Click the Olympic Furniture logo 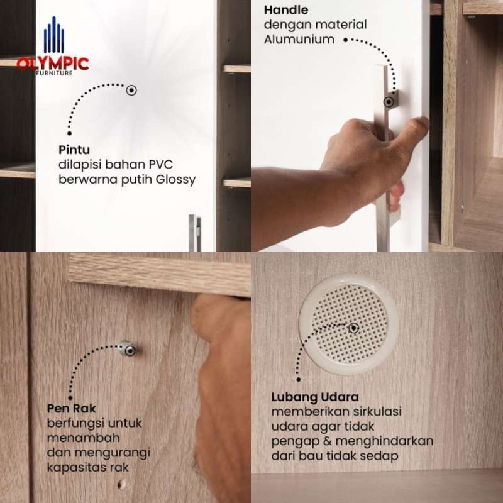[x=53, y=46]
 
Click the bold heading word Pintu [x=74, y=150]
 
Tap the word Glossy [x=175, y=180]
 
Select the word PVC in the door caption [x=160, y=165]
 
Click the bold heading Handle [x=286, y=10]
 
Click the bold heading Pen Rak [x=71, y=408]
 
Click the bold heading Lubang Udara [x=315, y=397]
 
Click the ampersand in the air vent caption [x=327, y=441]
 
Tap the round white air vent [x=349, y=324]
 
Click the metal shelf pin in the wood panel [x=128, y=349]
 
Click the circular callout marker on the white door [x=131, y=90]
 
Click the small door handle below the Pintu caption [x=195, y=233]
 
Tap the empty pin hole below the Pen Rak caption [x=121, y=484]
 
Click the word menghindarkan [x=384, y=441]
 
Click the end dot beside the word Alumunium [x=345, y=40]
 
